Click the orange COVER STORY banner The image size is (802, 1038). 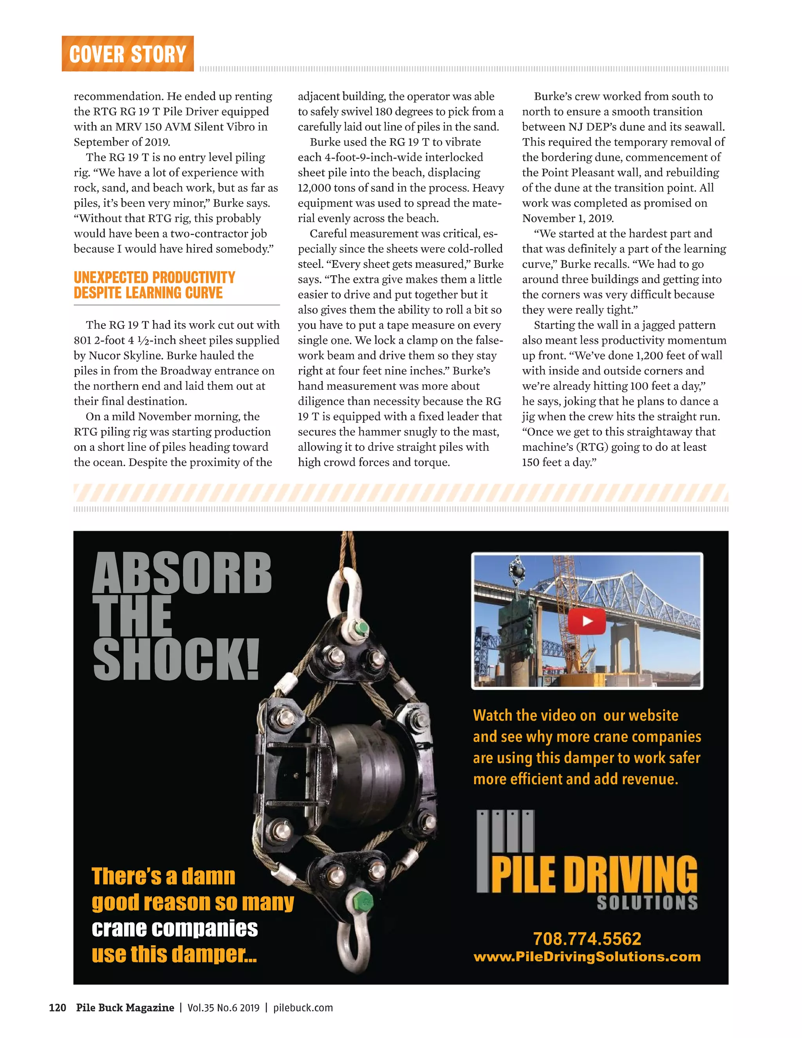127,54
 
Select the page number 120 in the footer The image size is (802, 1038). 58,1007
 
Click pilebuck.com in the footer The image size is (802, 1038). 303,1007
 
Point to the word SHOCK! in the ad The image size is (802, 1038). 176,660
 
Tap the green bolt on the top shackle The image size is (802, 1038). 361,628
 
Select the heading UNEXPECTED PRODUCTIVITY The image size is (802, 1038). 154,278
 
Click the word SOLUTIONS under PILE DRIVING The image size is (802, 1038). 647,902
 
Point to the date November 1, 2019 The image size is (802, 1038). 568,219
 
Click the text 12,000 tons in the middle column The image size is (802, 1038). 327,188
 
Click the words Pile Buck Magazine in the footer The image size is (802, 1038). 125,1007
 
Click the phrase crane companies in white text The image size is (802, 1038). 174,929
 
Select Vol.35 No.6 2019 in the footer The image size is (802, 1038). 223,1007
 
